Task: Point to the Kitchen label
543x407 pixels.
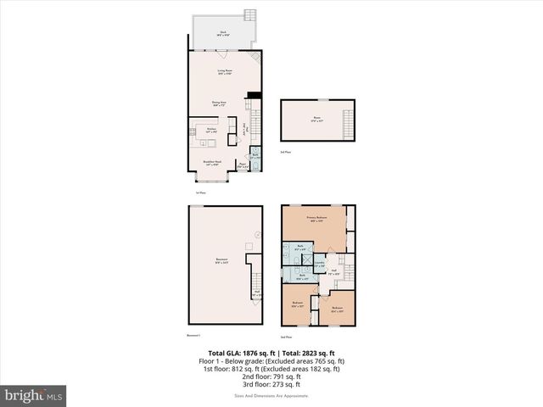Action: (213, 130)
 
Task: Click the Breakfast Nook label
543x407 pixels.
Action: (213, 164)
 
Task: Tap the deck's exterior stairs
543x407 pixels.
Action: (249, 15)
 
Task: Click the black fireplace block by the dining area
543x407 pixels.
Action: (252, 95)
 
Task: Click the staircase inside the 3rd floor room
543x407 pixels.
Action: (346, 122)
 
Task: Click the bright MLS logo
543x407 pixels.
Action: (34, 394)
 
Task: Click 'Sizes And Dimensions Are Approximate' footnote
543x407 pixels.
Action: (272, 396)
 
